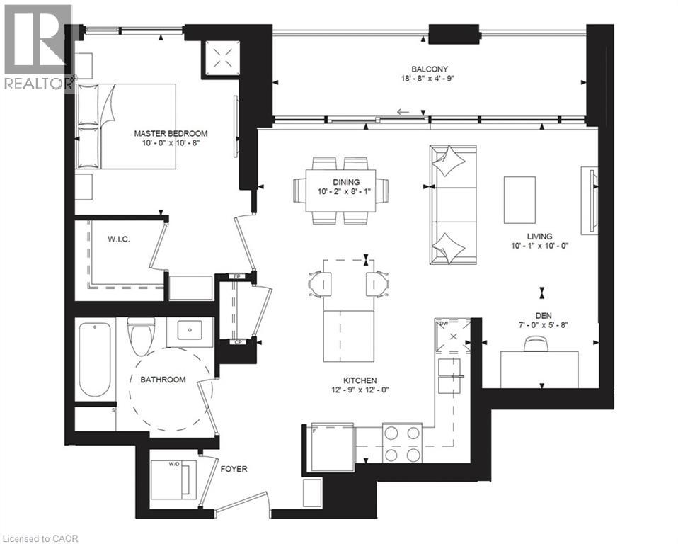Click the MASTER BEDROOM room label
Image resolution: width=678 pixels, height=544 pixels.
coord(171,133)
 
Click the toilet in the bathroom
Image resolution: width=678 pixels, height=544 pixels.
coord(139,336)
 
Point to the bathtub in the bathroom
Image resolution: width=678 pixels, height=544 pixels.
coord(95,359)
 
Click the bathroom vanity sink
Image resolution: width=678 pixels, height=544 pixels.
coord(190,330)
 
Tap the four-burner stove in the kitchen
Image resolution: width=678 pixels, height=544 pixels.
coord(402,443)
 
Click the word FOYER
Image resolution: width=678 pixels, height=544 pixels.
coord(234,469)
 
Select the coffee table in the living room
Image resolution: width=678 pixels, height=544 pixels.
coord(519,200)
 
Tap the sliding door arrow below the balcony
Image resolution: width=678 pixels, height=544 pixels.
coord(403,112)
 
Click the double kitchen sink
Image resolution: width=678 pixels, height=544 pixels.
coord(449,375)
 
